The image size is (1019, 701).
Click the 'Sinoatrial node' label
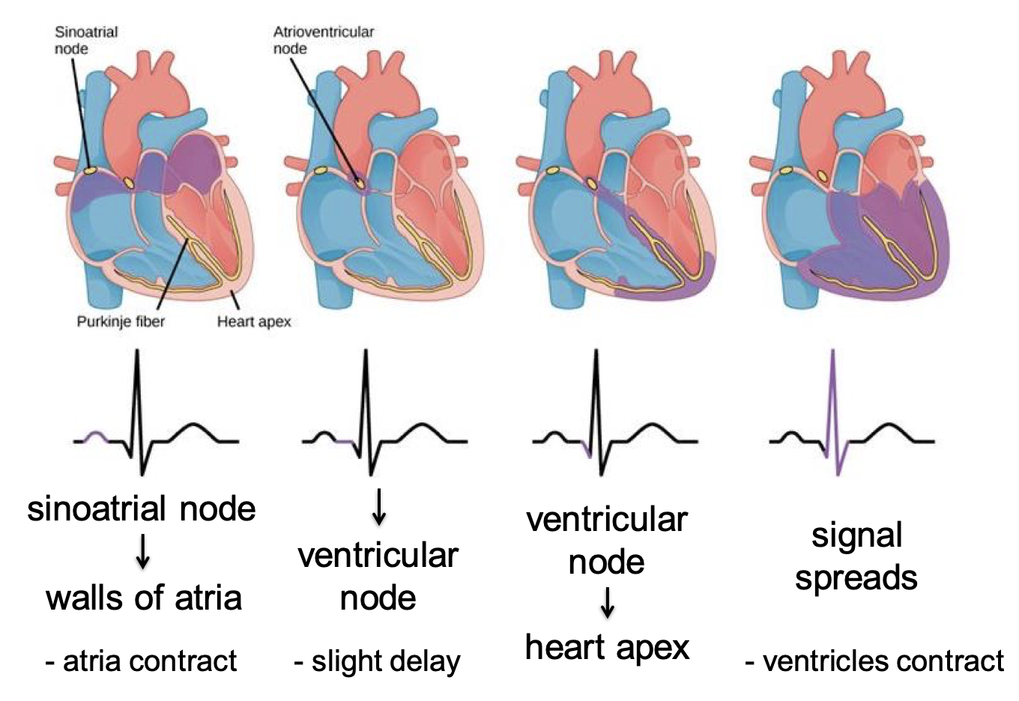point(86,40)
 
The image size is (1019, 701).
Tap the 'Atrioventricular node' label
point(323,40)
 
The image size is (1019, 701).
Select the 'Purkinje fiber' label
point(121,321)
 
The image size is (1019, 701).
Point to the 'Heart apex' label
point(254,321)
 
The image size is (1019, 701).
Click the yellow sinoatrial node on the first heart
point(89,171)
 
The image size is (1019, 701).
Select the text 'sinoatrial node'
point(142,509)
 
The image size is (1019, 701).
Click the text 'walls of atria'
point(144,598)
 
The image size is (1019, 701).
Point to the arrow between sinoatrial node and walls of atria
point(142,554)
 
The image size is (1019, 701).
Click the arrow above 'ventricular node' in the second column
point(379,506)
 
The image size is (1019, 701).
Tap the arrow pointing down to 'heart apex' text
point(608,602)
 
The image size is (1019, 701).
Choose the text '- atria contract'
point(141,661)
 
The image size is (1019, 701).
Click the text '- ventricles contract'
point(874,661)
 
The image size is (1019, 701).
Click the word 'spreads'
point(856,578)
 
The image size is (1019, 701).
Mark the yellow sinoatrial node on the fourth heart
point(786,171)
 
